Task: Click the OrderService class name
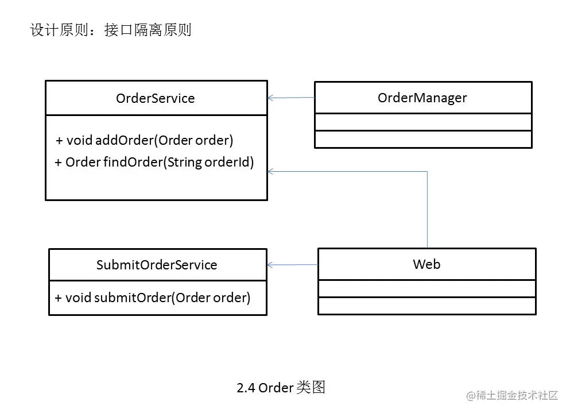pos(155,98)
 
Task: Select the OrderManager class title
pos(422,98)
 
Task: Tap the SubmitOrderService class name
pos(157,265)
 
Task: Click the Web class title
pos(426,264)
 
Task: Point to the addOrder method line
pos(145,140)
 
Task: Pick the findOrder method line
pos(154,163)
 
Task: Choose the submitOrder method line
pos(153,298)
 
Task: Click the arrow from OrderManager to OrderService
pos(291,98)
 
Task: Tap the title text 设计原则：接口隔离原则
pos(110,30)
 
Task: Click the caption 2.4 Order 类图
pos(281,388)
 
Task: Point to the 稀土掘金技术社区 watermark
pos(512,395)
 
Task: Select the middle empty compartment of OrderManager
pos(423,122)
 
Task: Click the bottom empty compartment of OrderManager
pos(423,140)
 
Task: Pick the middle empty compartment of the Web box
pos(426,289)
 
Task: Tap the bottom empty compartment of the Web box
pos(426,306)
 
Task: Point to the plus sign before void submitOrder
pos(58,298)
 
